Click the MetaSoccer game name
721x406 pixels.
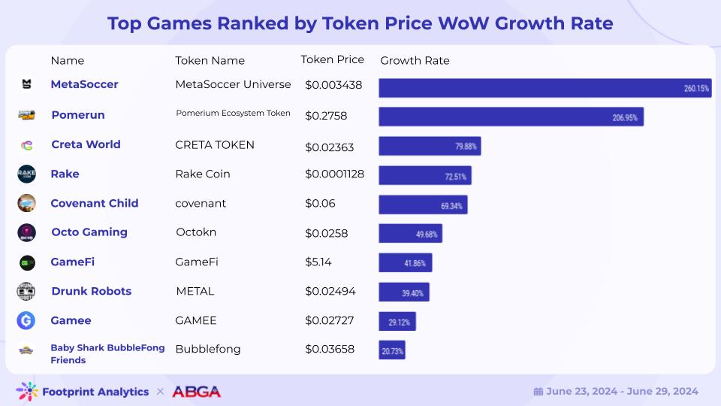84,84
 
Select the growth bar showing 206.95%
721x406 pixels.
511,117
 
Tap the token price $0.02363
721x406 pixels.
330,147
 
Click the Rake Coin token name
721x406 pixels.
203,174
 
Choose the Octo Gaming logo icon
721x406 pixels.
26,232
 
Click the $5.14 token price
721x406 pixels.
318,262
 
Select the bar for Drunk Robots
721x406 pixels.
403,292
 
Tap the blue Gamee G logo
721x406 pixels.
26,320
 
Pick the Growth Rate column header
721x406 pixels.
415,60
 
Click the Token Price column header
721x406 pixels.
332,59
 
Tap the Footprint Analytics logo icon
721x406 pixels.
27,391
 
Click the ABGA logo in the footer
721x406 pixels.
196,392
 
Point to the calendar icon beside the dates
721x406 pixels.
538,392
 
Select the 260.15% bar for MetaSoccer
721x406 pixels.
545,88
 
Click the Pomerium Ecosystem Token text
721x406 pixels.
233,114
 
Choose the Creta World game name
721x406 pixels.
86,144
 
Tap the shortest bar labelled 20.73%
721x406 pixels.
392,350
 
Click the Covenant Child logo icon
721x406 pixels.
26,203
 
